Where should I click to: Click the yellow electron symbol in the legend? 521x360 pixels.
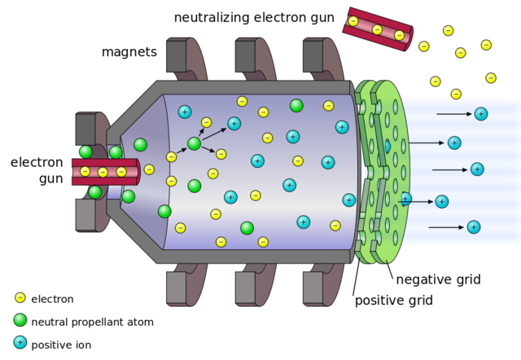point(20,297)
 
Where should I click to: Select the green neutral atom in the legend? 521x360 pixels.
point(20,319)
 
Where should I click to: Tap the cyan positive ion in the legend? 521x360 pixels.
point(20,342)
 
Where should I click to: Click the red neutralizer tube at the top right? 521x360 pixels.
point(377,29)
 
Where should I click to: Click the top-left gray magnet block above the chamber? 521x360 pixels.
point(177,55)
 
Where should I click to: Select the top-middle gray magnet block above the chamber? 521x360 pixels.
point(247,55)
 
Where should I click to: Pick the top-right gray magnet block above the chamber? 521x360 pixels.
point(314,55)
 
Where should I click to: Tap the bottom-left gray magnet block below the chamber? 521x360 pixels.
point(177,288)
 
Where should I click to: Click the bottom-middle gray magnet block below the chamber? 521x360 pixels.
point(247,288)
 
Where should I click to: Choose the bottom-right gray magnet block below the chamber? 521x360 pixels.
point(314,288)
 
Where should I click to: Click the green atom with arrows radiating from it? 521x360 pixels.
point(194,143)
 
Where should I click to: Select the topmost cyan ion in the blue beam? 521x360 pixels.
point(481,114)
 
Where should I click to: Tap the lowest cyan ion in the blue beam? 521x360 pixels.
point(473,226)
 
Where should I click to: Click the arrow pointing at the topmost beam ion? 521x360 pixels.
point(453,114)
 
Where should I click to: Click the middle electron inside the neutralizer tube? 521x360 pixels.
point(377,29)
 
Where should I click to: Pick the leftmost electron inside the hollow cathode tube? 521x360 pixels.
point(85,172)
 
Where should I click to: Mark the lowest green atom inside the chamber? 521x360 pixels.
point(247,228)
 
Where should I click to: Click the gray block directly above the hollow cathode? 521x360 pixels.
point(86,129)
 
